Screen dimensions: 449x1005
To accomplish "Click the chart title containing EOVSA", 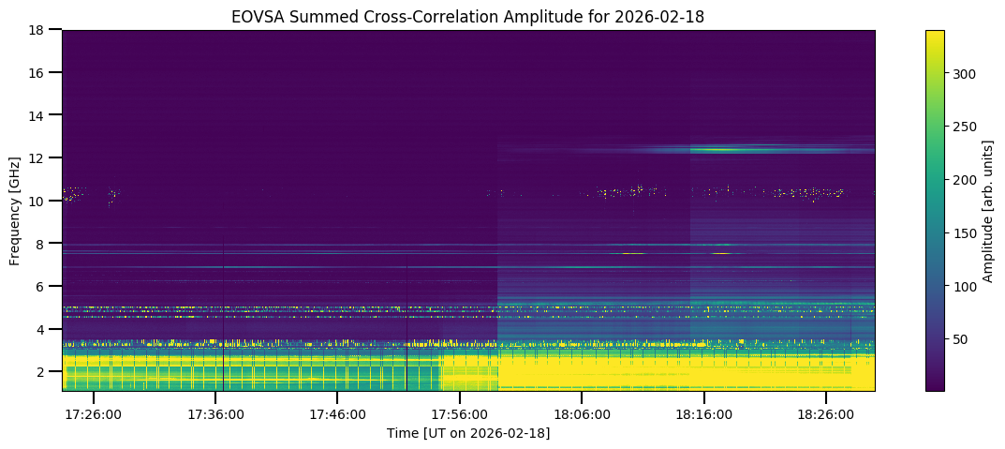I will click(468, 16).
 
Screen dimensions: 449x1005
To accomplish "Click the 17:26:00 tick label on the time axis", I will click(94, 413).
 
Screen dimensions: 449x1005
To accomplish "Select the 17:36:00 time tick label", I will click(216, 413).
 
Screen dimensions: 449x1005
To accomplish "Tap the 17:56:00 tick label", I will click(460, 413).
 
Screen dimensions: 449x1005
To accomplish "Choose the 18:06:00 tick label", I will click(582, 413).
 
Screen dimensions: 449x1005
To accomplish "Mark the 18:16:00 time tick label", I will click(703, 413).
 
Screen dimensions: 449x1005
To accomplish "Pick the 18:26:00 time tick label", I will click(825, 413).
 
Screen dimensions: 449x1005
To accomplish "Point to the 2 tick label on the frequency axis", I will click(39, 372).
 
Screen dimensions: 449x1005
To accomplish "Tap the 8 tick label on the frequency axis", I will click(39, 244).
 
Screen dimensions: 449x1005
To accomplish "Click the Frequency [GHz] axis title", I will click(15, 210).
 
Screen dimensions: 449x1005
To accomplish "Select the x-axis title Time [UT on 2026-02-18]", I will click(468, 433).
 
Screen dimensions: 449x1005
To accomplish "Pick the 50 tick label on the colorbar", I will click(961, 338).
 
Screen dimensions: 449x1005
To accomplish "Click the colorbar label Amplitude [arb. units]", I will click(987, 210).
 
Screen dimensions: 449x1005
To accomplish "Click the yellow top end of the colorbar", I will click(935, 34).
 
